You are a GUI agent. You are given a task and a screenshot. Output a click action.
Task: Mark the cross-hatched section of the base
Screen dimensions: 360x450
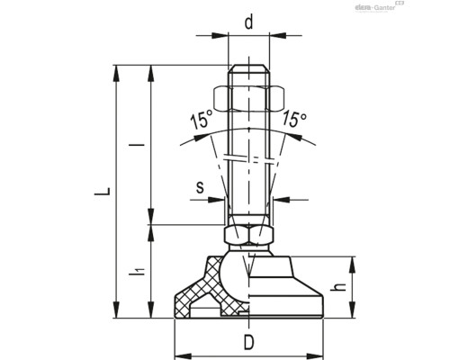pyautogui.click(x=202, y=292)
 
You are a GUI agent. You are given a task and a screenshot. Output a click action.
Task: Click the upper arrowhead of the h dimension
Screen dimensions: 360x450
pyautogui.click(x=351, y=261)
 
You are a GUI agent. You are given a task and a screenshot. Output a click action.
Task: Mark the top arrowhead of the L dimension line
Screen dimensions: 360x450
pyautogui.click(x=117, y=69)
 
